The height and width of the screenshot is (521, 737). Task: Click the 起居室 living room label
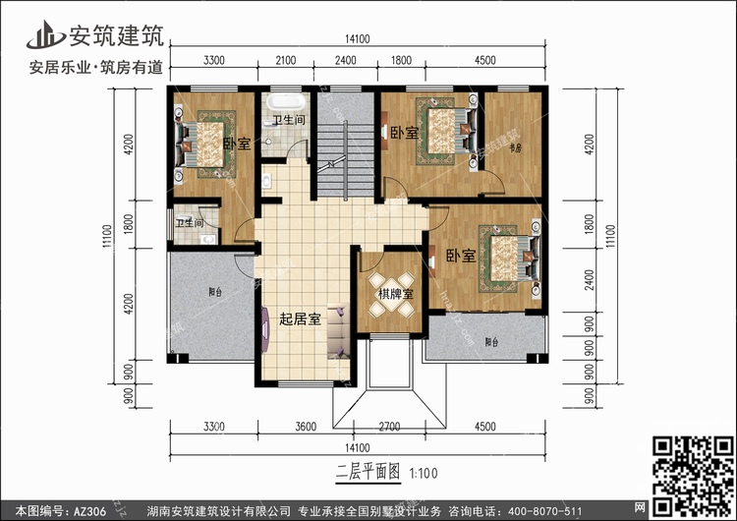(301, 319)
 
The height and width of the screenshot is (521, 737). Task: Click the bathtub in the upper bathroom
(288, 101)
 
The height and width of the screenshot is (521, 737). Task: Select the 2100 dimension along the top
(285, 61)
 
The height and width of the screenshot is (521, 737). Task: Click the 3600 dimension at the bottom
(306, 428)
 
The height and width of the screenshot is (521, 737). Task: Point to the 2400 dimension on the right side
(589, 278)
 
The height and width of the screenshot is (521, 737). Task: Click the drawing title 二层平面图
(366, 471)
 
